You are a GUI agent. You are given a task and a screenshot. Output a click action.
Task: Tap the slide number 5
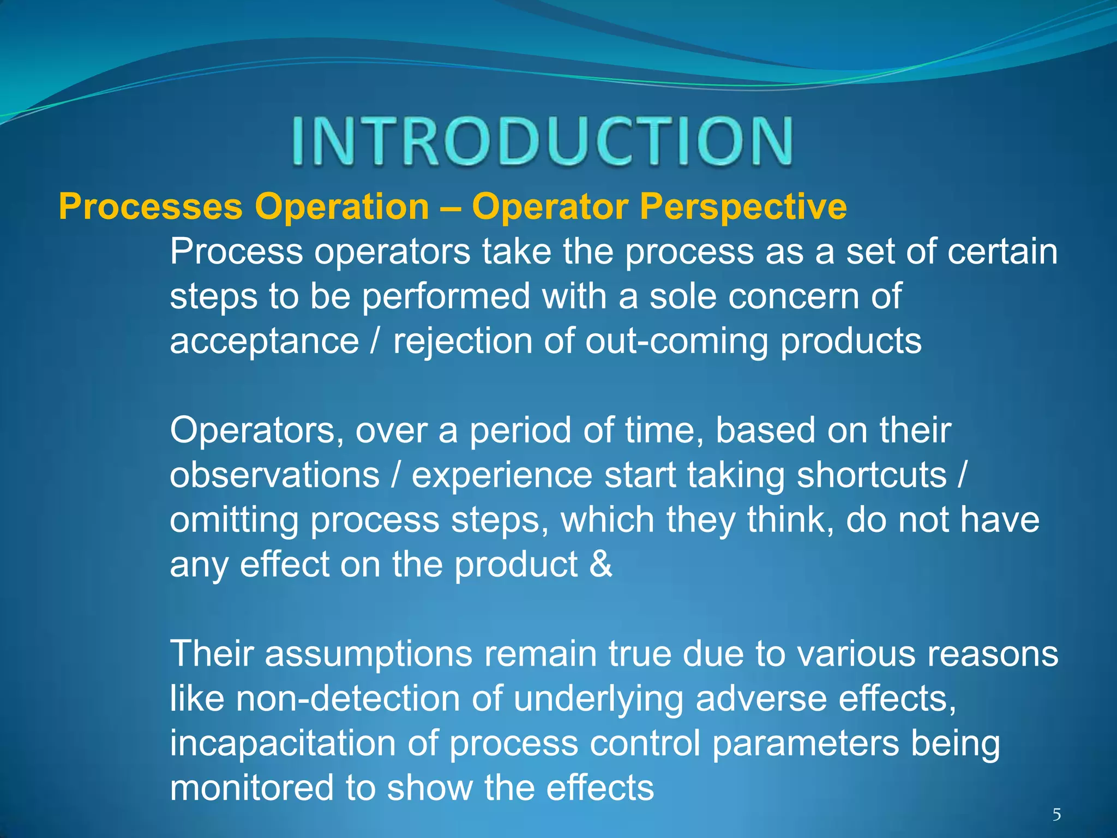pyautogui.click(x=1056, y=815)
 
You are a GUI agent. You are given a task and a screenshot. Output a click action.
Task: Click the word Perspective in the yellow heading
pyautogui.click(x=743, y=207)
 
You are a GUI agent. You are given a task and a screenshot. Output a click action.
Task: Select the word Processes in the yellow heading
pyautogui.click(x=151, y=207)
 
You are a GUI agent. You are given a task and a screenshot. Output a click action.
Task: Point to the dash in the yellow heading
pyautogui.click(x=451, y=208)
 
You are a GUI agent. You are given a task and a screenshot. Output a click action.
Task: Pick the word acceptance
pyautogui.click(x=265, y=342)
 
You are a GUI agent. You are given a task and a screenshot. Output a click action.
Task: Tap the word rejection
pyautogui.click(x=463, y=342)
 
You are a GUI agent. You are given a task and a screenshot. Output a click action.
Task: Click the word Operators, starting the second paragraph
pyautogui.click(x=257, y=431)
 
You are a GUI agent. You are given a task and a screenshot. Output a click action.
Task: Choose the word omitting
pyautogui.click(x=234, y=520)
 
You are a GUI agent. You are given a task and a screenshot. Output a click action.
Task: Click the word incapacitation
pyautogui.click(x=283, y=743)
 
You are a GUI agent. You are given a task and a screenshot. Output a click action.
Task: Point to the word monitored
pyautogui.click(x=251, y=788)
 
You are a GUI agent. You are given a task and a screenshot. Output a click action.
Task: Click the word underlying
pyautogui.click(x=598, y=699)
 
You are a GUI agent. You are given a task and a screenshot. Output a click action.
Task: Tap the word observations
pyautogui.click(x=274, y=475)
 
